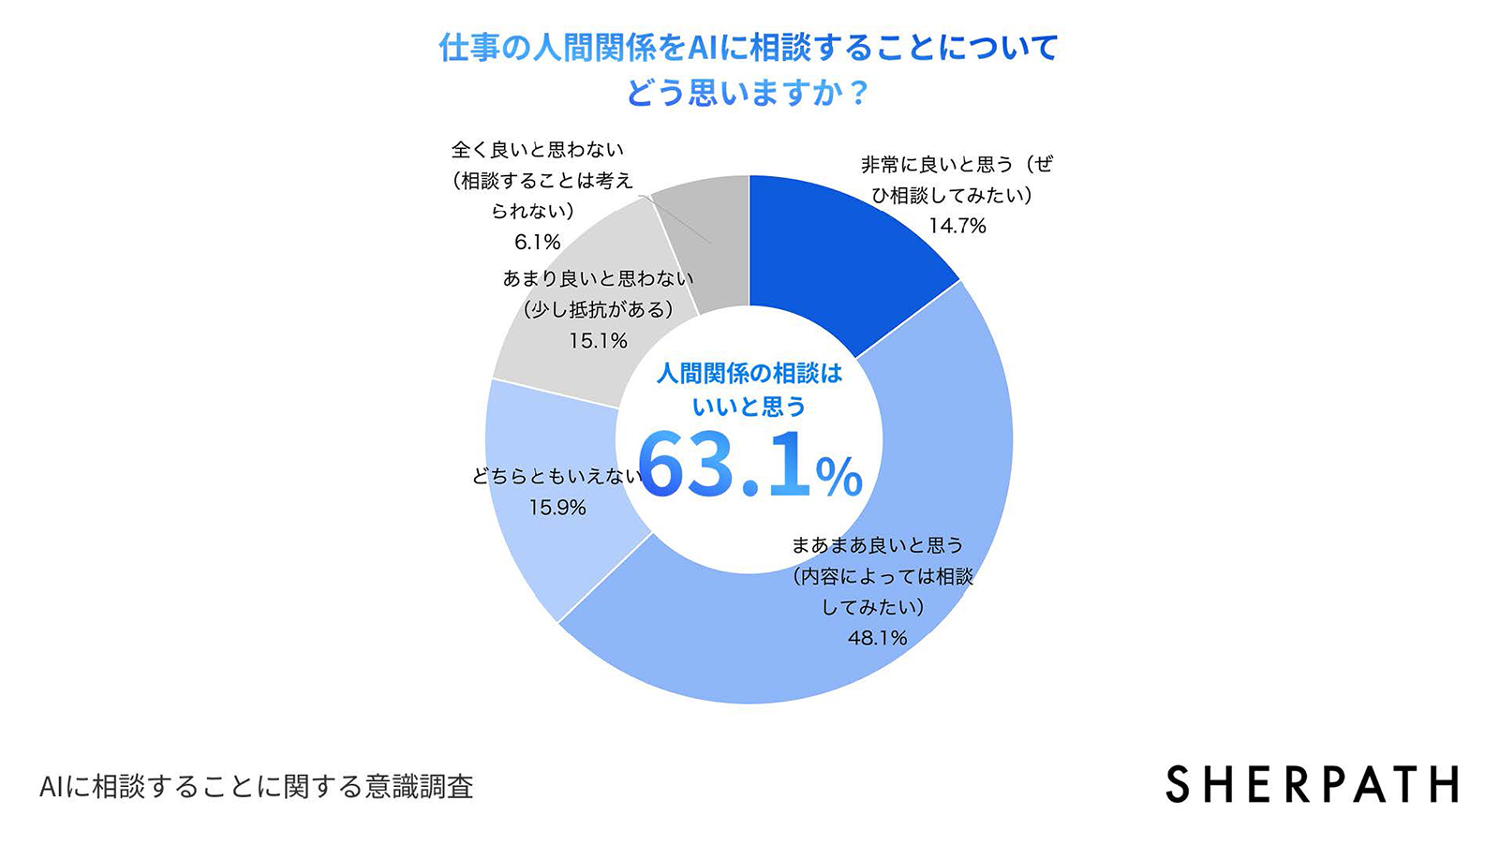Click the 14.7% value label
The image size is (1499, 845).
coord(957,226)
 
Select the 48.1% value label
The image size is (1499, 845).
coord(878,638)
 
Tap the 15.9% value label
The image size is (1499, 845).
coord(557,508)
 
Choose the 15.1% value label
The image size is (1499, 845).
coord(598,341)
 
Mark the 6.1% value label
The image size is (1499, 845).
coord(537,243)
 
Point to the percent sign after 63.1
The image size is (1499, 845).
coord(839,478)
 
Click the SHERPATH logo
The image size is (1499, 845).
coord(1312,785)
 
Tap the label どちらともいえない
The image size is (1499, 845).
coord(557,477)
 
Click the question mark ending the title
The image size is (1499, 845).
coord(856,94)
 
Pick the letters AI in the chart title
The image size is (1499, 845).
coord(702,48)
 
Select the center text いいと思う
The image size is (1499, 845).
coord(749,407)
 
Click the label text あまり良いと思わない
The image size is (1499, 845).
coord(598,279)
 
